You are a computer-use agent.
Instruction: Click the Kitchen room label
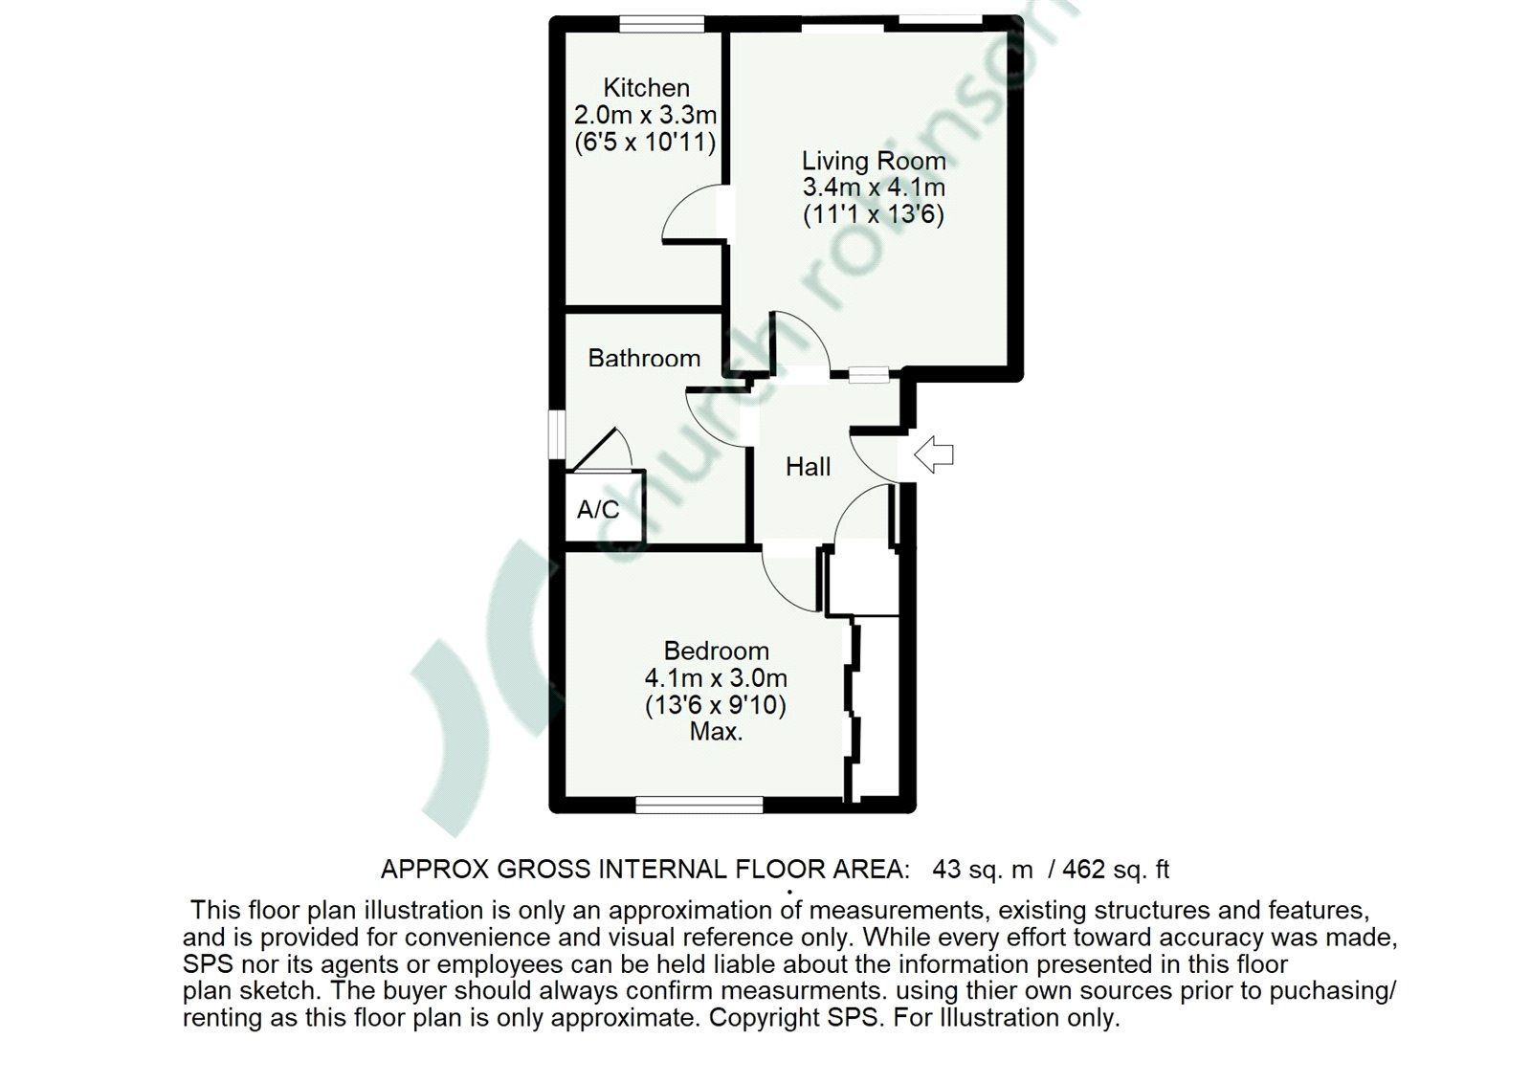[x=646, y=88]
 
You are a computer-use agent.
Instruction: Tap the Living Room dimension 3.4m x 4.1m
[x=873, y=188]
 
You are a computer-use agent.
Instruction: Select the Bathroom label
[x=644, y=358]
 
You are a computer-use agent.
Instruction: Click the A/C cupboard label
[x=598, y=509]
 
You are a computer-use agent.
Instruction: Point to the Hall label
[x=808, y=467]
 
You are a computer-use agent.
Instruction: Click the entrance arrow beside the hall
[x=934, y=454]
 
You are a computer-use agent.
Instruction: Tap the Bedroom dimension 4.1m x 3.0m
[x=716, y=678]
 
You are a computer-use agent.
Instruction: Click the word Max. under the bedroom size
[x=716, y=733]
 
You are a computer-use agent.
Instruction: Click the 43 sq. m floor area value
[x=982, y=870]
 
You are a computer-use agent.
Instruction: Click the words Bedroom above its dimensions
[x=716, y=651]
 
